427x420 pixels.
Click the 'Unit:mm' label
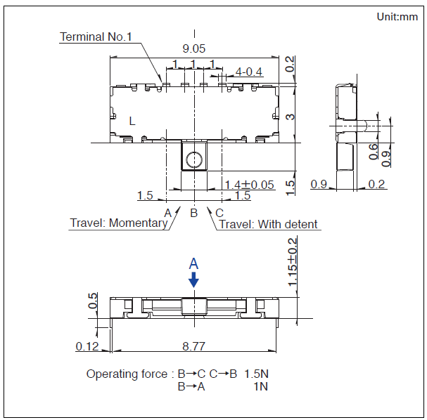(397, 17)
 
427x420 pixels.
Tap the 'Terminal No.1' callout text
(96, 37)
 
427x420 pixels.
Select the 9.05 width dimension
(194, 48)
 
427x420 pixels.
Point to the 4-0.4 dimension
(248, 72)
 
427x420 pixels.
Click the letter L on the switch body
(132, 121)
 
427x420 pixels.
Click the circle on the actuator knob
(194, 159)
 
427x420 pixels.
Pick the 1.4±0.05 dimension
(249, 185)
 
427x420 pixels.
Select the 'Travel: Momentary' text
(119, 223)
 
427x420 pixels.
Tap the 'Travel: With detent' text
(268, 224)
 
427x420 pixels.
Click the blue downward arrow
(193, 280)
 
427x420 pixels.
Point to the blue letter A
(193, 263)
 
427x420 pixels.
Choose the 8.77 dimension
(193, 346)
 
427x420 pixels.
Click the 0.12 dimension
(87, 346)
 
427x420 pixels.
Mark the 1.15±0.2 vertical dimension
(292, 262)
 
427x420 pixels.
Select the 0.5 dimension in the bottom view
(93, 301)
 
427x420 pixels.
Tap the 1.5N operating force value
(256, 374)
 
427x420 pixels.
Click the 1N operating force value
(260, 386)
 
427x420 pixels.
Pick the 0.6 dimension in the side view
(373, 152)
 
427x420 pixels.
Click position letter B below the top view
(193, 213)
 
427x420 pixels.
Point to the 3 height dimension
(291, 117)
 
